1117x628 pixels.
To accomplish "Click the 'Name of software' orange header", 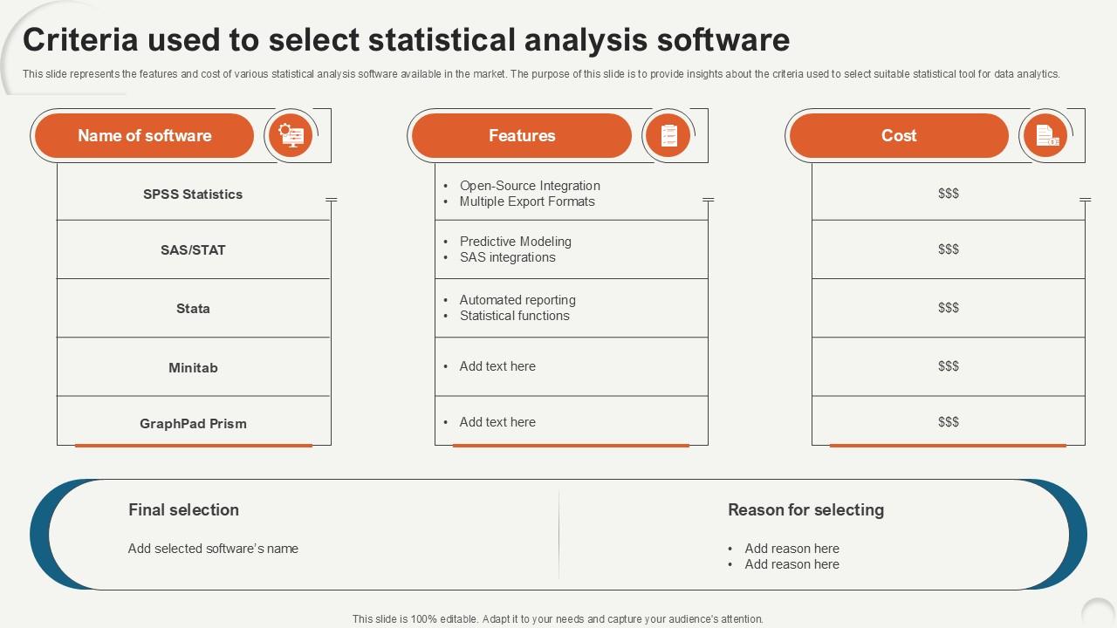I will (145, 135).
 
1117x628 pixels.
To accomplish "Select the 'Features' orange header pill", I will (522, 135).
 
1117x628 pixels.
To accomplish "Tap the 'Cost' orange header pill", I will (899, 135).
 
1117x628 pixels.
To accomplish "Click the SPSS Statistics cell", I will (193, 195).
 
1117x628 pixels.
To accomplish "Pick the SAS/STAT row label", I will (193, 250).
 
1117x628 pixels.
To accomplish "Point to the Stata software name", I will (193, 309).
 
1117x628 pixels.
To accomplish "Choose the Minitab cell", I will (193, 368).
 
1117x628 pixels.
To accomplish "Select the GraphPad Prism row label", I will (193, 424).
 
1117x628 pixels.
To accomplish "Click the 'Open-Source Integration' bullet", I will (530, 186).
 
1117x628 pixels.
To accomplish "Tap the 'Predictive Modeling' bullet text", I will (516, 242).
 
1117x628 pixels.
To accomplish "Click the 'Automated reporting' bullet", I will (517, 300).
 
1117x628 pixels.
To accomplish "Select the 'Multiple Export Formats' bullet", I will (527, 201).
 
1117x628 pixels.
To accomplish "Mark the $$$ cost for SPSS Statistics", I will (949, 194).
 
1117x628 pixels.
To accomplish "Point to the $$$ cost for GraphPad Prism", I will (949, 422).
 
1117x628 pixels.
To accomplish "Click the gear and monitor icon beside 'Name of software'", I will (291, 135).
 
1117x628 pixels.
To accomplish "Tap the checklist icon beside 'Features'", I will (668, 135).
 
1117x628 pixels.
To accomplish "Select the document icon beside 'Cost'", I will (1045, 135).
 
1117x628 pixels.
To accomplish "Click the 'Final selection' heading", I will (183, 510).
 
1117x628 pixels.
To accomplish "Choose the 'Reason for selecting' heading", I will (805, 510).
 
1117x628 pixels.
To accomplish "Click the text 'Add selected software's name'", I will (213, 549).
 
